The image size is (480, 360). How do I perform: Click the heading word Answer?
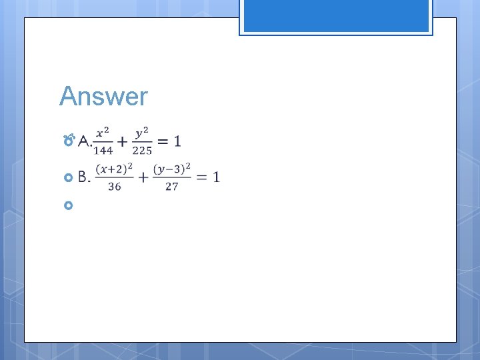(103, 97)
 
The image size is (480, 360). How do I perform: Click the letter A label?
(83, 141)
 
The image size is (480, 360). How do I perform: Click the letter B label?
(83, 177)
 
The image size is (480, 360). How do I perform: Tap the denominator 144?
(103, 150)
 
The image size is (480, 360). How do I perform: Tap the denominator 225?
(142, 150)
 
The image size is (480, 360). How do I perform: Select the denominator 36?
(115, 187)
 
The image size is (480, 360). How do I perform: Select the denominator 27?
(172, 187)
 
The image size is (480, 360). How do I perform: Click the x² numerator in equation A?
(103, 133)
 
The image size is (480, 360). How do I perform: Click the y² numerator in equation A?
(141, 133)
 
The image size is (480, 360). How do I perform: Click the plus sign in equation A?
(123, 141)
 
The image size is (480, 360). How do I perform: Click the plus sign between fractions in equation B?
(143, 177)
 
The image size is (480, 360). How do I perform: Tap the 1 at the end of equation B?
(215, 177)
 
